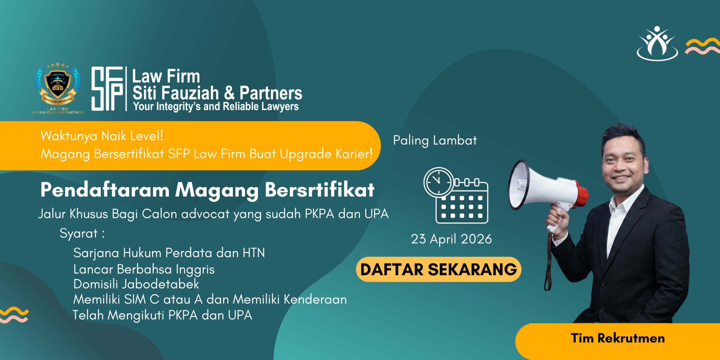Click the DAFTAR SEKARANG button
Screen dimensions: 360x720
click(x=438, y=269)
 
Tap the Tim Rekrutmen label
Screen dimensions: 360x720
click(x=618, y=338)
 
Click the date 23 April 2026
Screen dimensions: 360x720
click(x=451, y=239)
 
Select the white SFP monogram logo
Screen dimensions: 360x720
click(x=107, y=89)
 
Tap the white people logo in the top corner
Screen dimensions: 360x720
click(x=657, y=44)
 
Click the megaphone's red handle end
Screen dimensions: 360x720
click(x=582, y=194)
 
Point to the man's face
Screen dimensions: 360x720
click(x=623, y=163)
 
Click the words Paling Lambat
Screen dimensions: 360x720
click(x=435, y=140)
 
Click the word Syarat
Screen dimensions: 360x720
click(x=78, y=233)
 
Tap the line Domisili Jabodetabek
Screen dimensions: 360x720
click(x=136, y=284)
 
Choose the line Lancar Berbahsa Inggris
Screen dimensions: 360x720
click(x=144, y=269)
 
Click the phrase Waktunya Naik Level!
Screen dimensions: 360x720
click(x=102, y=136)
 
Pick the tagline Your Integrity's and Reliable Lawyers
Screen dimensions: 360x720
click(x=216, y=106)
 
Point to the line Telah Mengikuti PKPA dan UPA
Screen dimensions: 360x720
click(x=162, y=315)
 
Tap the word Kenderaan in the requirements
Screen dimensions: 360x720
click(x=315, y=299)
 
